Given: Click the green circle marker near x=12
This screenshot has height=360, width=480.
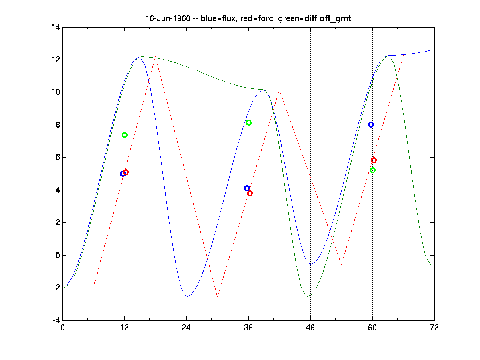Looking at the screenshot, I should tap(124, 135).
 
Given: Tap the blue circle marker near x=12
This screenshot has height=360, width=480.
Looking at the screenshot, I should tap(123, 174).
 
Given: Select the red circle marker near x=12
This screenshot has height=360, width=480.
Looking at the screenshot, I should tap(126, 172).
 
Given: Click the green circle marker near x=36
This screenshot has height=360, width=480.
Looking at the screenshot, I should tap(248, 122).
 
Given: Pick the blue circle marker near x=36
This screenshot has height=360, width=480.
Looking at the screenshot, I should tap(247, 188).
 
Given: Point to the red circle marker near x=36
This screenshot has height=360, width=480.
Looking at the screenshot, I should tap(250, 193).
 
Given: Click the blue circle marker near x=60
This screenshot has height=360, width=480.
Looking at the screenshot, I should tap(371, 124).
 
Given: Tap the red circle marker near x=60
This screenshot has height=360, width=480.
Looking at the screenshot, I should tap(374, 160).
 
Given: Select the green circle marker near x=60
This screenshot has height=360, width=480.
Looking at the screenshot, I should tap(372, 170).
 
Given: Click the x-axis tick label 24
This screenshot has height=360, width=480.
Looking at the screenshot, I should tap(186, 328).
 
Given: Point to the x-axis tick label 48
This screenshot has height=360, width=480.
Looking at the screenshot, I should tap(310, 328).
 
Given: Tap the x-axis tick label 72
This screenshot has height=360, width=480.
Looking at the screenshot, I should tap(434, 328).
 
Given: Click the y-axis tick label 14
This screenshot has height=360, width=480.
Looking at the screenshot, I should tap(55, 27).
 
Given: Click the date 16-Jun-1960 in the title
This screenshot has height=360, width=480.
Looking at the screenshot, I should tap(164, 19).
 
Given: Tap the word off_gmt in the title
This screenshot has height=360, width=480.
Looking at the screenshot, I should tap(322, 19).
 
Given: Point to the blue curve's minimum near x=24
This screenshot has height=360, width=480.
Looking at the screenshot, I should tap(186, 297).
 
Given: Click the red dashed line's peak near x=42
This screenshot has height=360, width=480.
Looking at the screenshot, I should tap(280, 90).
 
